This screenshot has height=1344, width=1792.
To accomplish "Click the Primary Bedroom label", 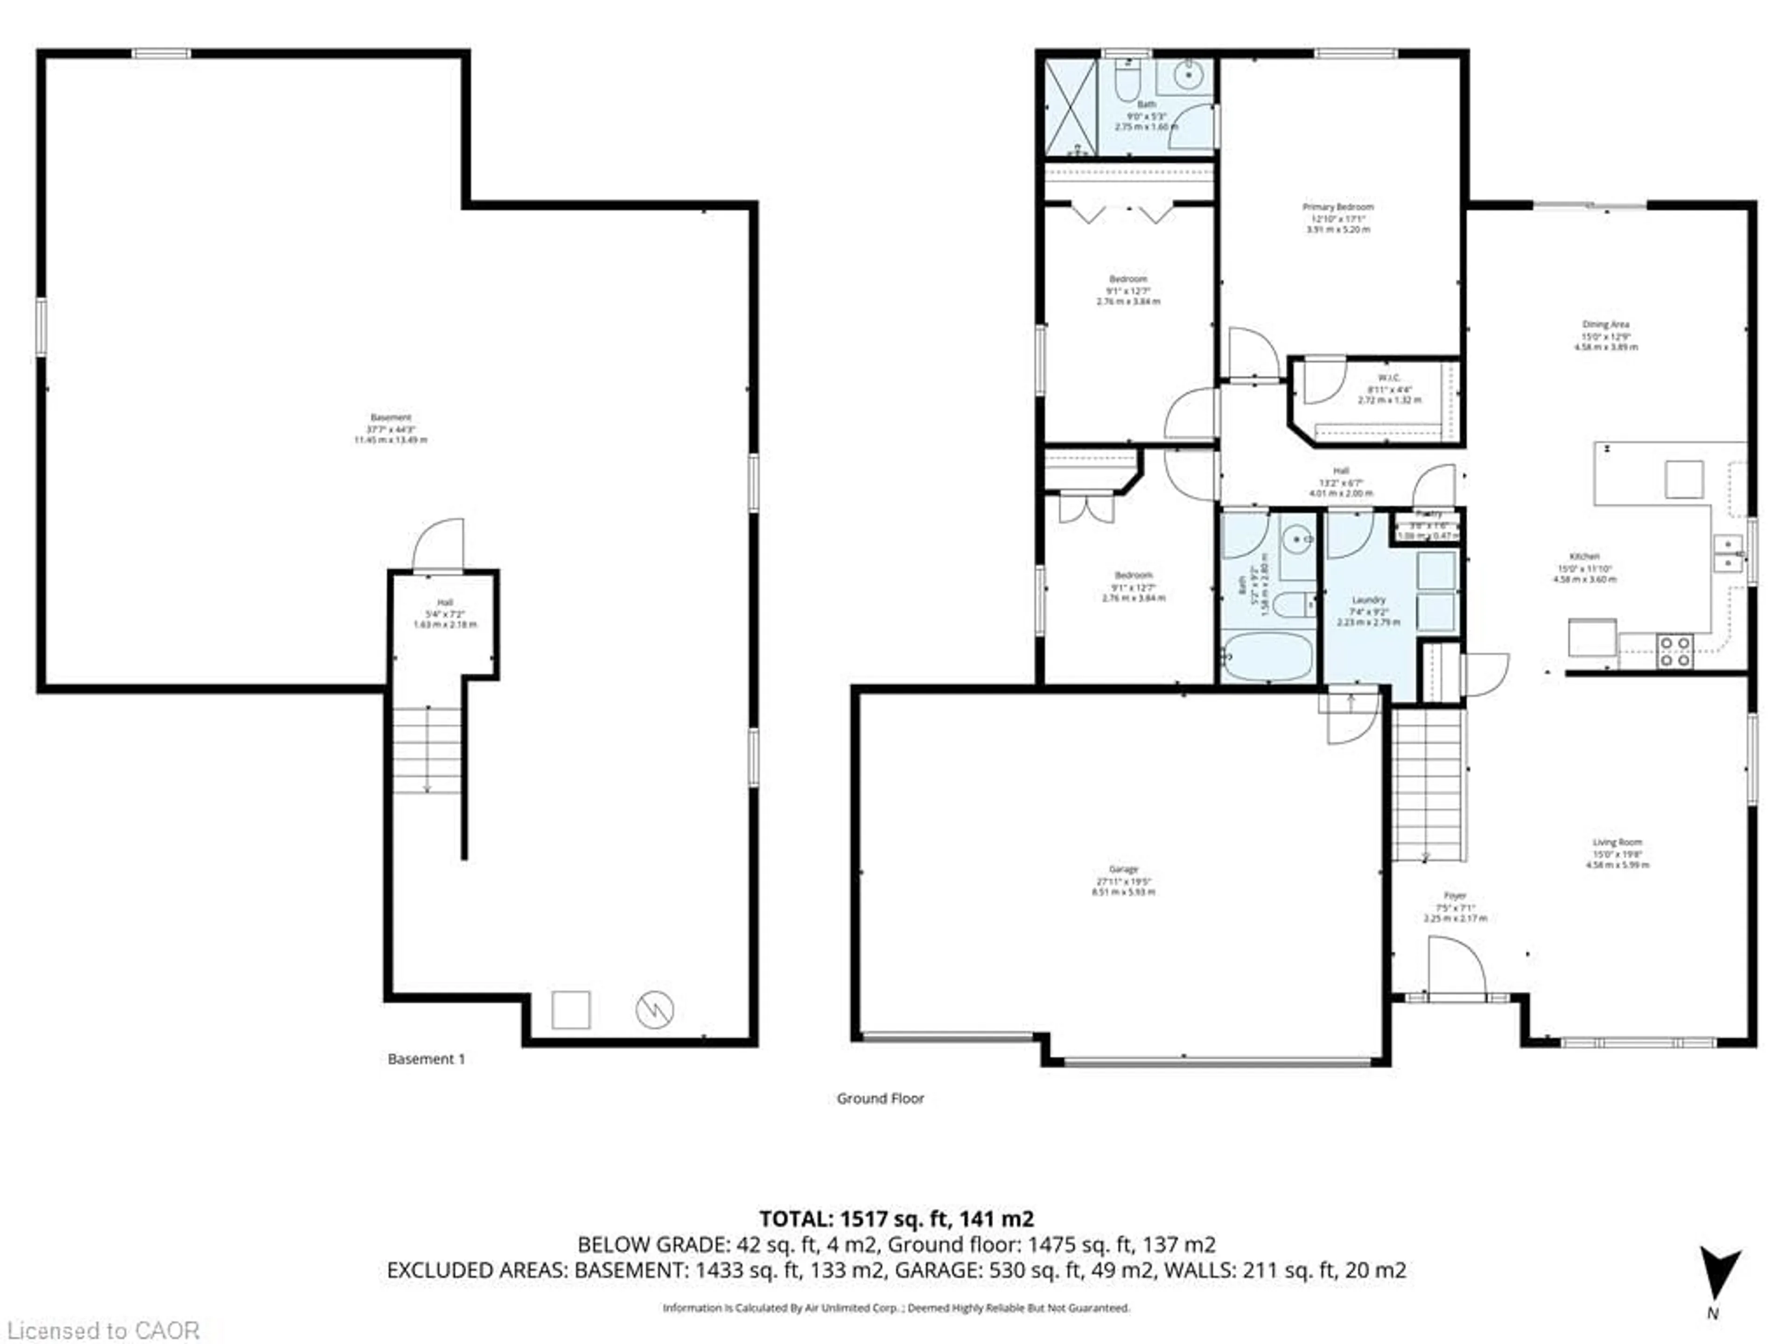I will pyautogui.click(x=1337, y=207).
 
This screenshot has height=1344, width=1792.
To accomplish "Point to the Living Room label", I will pyautogui.click(x=1617, y=842).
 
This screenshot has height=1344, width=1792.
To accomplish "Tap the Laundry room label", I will pyautogui.click(x=1368, y=600).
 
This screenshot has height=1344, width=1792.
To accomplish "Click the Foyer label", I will pyautogui.click(x=1455, y=896).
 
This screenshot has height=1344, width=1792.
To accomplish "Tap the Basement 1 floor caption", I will pyautogui.click(x=426, y=1059).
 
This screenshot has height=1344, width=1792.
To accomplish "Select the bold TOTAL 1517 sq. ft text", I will pyautogui.click(x=896, y=1218).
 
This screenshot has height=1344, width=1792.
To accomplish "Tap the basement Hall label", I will pyautogui.click(x=445, y=603).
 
